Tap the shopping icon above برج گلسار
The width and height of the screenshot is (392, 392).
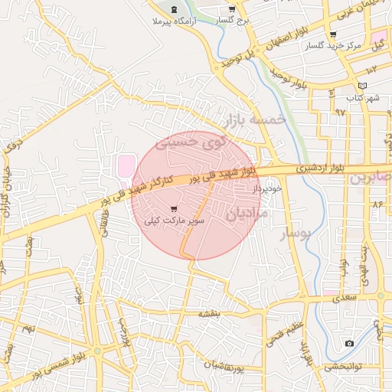232,9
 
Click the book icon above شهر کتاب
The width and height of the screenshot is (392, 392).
362,86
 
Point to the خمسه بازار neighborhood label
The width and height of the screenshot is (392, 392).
255,119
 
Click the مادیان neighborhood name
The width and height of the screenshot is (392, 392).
247,215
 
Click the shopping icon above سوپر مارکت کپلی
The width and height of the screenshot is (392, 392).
174,208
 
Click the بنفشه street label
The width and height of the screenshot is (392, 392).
209,313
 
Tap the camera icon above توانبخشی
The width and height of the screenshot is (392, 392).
349,343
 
